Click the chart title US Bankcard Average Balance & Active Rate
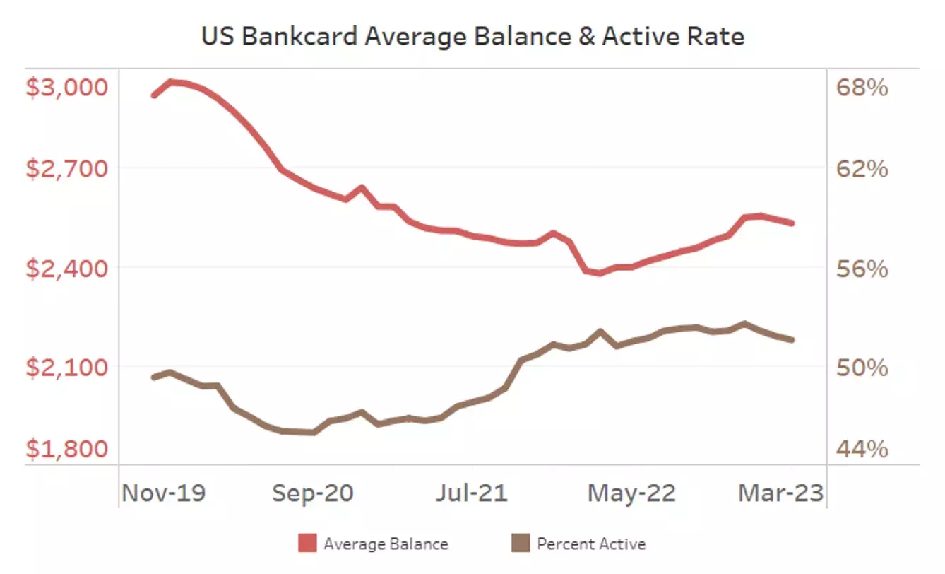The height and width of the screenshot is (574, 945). [x=472, y=36]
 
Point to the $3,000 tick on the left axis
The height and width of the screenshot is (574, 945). [x=68, y=88]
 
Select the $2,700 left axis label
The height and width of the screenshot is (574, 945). [x=68, y=170]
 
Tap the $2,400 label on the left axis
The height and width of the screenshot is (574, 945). [x=68, y=269]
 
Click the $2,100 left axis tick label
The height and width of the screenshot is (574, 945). [x=68, y=368]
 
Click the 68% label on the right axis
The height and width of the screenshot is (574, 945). [x=862, y=88]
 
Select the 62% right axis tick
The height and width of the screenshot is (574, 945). [x=862, y=170]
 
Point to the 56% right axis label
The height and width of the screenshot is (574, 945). [x=862, y=269]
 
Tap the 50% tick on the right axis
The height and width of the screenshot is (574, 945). [x=862, y=368]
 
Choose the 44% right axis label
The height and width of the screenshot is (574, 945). [x=862, y=450]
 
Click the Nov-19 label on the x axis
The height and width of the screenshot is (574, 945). [x=164, y=493]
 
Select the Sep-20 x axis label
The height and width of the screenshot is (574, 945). [x=314, y=493]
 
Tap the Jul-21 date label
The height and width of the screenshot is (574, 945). [x=471, y=493]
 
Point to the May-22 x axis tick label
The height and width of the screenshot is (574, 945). [x=631, y=493]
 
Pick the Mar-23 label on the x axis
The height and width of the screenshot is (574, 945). [x=781, y=493]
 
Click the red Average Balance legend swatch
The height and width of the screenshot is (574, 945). [x=308, y=544]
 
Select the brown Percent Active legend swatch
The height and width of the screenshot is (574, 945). [x=521, y=544]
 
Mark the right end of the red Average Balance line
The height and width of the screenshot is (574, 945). [x=792, y=223]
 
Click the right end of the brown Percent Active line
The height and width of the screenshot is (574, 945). [x=792, y=340]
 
